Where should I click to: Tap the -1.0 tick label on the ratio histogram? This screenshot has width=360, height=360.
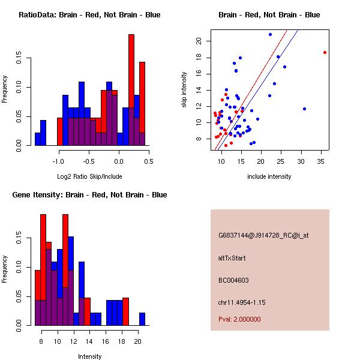coord(58,161)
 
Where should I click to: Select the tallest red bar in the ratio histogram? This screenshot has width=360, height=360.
coord(131,90)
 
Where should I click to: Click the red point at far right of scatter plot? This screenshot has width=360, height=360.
coord(325,52)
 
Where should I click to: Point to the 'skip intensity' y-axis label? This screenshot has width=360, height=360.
coord(184,90)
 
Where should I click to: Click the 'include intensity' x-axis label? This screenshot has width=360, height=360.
coord(269,176)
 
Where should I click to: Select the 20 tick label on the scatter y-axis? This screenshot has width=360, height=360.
coord(199,41)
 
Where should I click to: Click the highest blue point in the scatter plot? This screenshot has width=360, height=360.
coord(270,34)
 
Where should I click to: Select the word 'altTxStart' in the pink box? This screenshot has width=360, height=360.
coord(232,258)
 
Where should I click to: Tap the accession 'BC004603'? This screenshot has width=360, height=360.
coord(233,280)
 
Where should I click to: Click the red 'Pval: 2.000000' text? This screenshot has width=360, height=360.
coord(239,319)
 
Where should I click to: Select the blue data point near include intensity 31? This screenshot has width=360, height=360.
coord(305,109)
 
